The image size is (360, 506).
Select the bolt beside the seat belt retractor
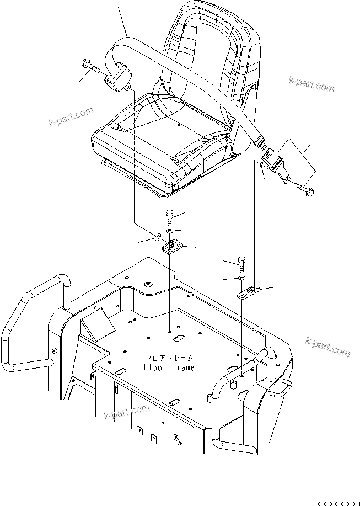coord(94,67)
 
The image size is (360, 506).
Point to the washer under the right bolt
coord(241,278)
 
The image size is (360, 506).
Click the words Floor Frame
coord(169,367)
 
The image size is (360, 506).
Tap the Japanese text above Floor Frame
coord(169,358)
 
